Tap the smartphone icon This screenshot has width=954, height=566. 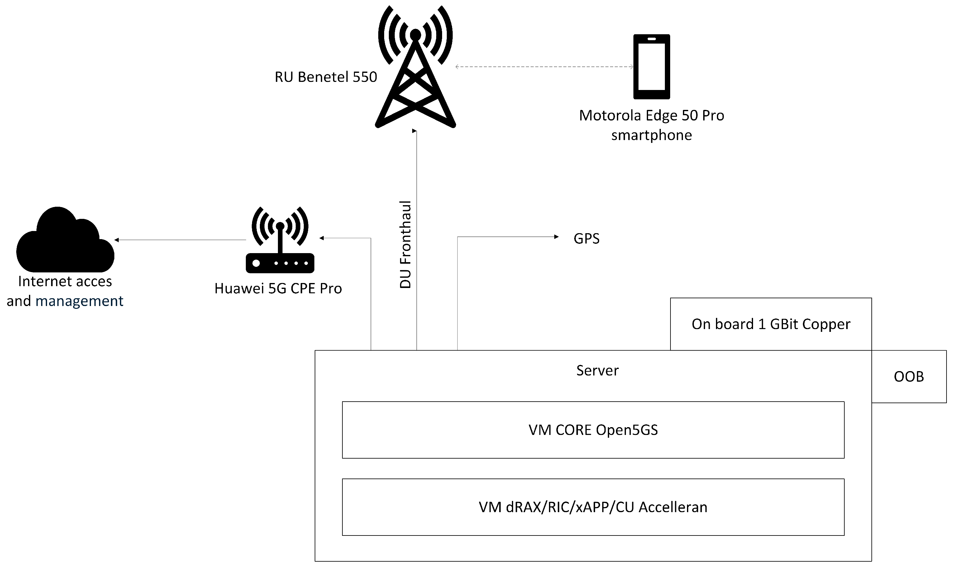[651, 67]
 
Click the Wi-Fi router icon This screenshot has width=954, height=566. [280, 244]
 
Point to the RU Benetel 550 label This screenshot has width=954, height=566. [326, 77]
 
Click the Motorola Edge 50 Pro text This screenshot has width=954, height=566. [651, 116]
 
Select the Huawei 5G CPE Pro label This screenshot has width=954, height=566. [278, 289]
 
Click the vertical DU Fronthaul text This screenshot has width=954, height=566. [405, 244]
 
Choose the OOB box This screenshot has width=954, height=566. [909, 376]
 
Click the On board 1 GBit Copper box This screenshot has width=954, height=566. [770, 324]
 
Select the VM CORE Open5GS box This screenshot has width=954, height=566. [593, 430]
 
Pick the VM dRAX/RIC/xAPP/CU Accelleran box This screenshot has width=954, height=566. [593, 507]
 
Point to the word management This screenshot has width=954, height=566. [79, 301]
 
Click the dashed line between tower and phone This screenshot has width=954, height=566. [544, 67]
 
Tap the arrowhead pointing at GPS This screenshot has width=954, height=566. [556, 237]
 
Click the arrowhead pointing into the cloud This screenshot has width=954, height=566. [117, 240]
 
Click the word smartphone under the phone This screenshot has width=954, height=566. [651, 135]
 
